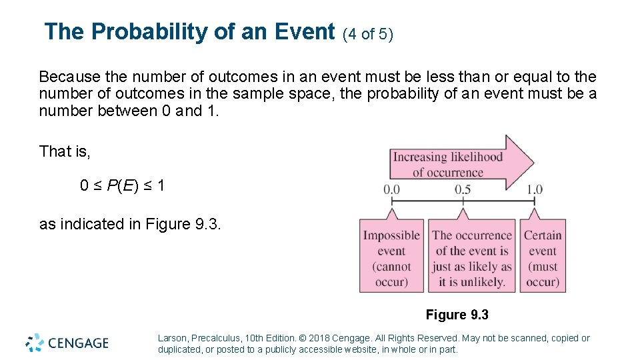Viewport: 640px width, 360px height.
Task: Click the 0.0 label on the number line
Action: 391,190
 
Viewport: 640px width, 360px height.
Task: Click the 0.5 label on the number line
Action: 463,190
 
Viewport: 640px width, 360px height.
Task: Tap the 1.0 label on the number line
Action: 535,190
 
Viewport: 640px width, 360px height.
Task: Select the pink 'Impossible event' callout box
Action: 391,257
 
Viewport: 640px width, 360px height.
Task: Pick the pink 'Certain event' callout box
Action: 543,257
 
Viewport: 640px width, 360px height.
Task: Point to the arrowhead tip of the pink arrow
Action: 533,162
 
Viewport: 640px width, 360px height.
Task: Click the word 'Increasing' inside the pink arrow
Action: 419,157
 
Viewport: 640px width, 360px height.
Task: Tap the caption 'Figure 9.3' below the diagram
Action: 457,315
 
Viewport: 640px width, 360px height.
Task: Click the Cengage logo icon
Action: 35,343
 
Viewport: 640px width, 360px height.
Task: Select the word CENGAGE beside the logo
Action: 78,343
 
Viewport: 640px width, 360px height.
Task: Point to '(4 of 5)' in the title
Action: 368,34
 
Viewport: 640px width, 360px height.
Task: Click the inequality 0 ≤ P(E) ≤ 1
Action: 122,186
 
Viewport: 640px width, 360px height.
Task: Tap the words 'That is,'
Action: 65,152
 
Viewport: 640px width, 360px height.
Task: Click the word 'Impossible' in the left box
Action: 391,235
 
